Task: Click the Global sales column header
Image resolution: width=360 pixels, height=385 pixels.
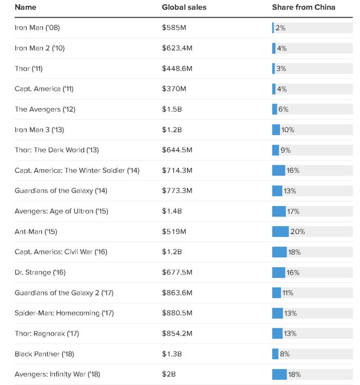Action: coord(184,7)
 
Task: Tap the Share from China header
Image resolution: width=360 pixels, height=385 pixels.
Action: coord(303,7)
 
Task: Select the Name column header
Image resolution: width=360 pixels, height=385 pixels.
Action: coord(26,7)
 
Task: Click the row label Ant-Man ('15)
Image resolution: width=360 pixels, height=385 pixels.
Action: coord(36,232)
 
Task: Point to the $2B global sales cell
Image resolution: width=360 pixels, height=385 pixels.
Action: coord(169,374)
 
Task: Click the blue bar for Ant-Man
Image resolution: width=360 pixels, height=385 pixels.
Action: coord(280,232)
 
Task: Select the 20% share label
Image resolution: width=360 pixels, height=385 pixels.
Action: coord(297,232)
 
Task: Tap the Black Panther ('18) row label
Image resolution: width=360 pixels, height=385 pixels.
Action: coord(44,354)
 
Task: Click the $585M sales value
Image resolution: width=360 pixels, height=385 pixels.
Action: coord(174,27)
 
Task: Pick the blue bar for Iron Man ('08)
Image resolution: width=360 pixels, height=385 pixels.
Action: coord(273,28)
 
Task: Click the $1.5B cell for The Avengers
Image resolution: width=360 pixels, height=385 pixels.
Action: coord(172,109)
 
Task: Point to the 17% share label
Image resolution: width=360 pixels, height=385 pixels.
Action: coord(293,211)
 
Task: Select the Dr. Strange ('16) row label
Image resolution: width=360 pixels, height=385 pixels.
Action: coord(40,272)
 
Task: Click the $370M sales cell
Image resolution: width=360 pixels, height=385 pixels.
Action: coord(174,89)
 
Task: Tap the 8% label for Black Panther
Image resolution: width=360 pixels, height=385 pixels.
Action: coord(285,354)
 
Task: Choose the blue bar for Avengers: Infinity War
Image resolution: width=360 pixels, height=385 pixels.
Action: coord(279,374)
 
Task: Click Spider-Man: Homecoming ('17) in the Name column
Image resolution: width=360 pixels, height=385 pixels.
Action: coord(64,313)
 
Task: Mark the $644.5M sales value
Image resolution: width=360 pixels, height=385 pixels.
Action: coord(177,150)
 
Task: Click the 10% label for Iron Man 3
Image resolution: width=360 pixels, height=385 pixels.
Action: coord(287,130)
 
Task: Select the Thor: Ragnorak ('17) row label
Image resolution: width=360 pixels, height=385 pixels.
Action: coord(47,334)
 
